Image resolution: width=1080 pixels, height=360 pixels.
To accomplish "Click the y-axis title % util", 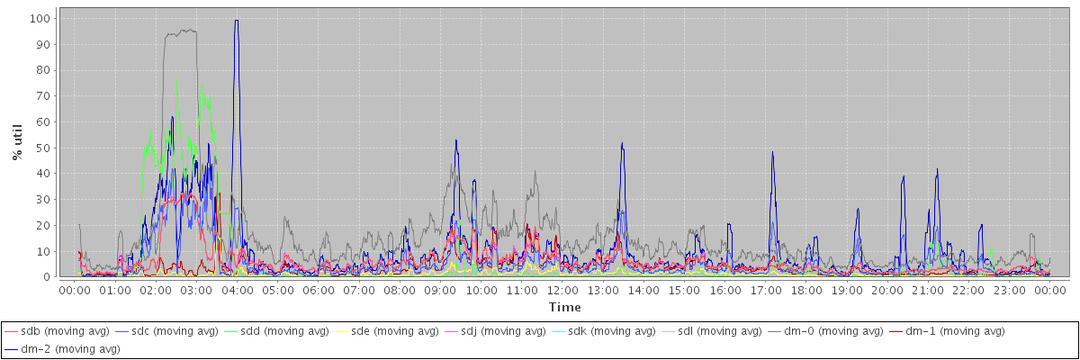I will (x=17, y=142).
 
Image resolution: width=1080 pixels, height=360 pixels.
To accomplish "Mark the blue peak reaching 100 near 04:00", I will (x=236, y=20).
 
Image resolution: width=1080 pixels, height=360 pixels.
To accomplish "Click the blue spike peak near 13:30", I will (x=622, y=144).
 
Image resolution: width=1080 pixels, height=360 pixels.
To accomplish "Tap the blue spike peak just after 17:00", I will (x=772, y=153).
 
